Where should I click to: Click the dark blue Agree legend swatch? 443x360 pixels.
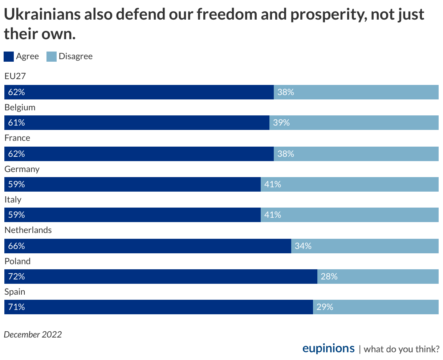(x=9, y=57)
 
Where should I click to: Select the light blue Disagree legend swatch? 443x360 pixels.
(x=52, y=57)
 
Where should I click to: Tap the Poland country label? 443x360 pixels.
(x=17, y=261)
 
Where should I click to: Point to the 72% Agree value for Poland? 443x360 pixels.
(x=17, y=277)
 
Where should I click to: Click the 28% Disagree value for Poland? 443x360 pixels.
(x=329, y=277)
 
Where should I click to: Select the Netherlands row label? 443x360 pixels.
(x=28, y=230)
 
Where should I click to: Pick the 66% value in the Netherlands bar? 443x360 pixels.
(x=17, y=246)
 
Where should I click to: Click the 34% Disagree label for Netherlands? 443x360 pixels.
(x=303, y=246)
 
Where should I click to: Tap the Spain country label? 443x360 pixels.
(x=15, y=292)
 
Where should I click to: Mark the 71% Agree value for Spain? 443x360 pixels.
(x=17, y=307)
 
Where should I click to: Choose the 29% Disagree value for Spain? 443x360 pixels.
(x=325, y=307)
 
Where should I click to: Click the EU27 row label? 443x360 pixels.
(x=15, y=76)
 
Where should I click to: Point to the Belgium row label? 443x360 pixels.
(x=20, y=107)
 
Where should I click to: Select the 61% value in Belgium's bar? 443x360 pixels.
(x=17, y=123)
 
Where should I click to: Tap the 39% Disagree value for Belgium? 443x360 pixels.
(x=281, y=123)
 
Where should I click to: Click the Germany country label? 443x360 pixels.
(x=22, y=169)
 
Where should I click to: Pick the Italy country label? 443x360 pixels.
(x=13, y=200)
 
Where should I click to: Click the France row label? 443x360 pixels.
(x=17, y=138)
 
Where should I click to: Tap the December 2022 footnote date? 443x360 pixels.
(x=33, y=334)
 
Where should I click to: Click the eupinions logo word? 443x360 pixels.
(x=328, y=348)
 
